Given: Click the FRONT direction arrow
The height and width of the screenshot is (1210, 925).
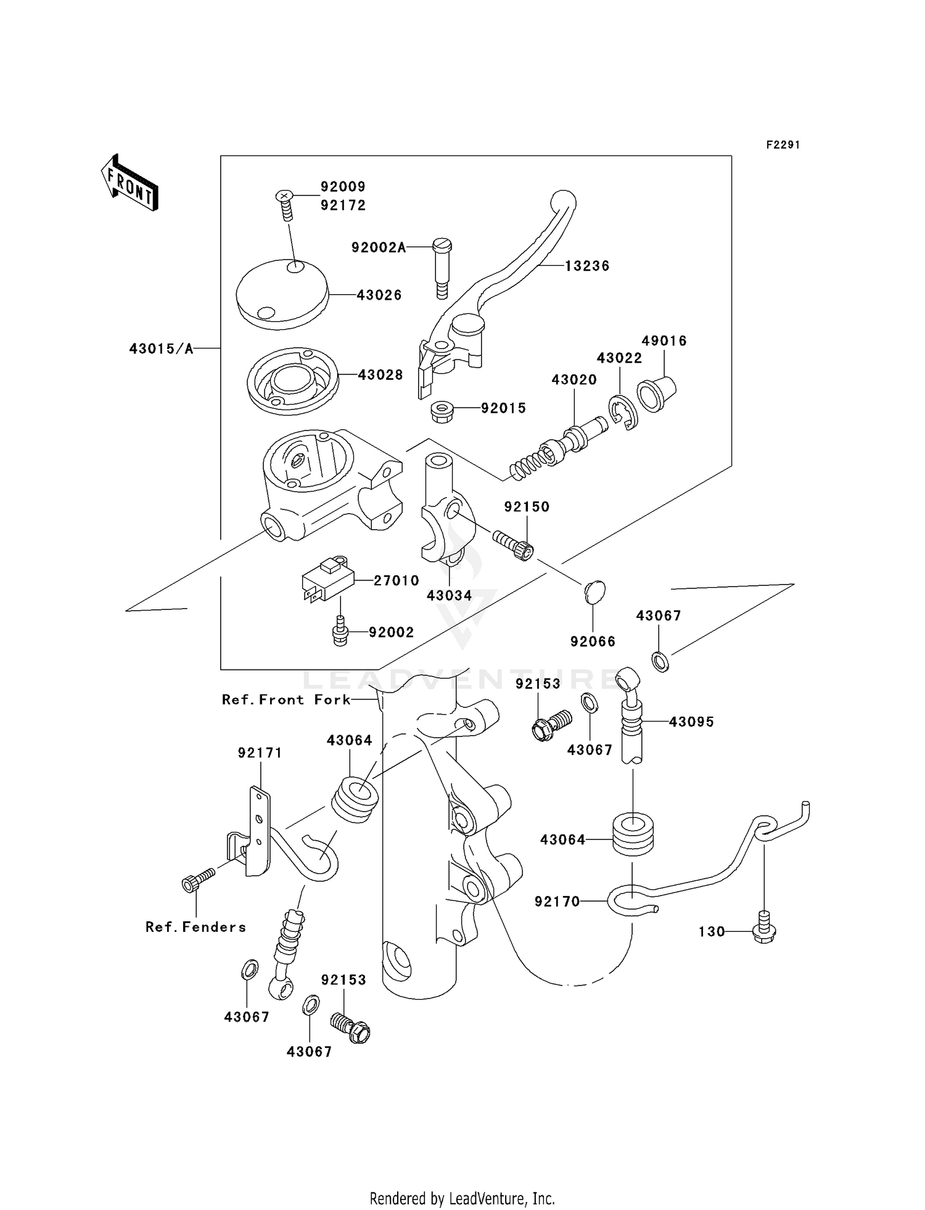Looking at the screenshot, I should (x=129, y=183).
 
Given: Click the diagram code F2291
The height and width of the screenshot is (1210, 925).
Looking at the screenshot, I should (x=783, y=145).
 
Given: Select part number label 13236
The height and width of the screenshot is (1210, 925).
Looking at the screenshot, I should (x=587, y=266).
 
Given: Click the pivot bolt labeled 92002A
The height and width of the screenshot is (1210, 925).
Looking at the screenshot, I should (x=442, y=267).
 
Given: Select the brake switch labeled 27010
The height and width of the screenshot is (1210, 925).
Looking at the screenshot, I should (x=328, y=579).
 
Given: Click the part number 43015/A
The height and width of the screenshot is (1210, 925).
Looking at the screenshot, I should (x=161, y=349).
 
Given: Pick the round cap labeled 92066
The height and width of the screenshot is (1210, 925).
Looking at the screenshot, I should (x=594, y=592).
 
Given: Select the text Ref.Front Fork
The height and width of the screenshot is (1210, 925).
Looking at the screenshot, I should (x=286, y=699).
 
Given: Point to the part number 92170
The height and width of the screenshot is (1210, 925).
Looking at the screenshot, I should (x=557, y=902).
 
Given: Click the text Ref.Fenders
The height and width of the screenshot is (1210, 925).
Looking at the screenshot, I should (x=195, y=927).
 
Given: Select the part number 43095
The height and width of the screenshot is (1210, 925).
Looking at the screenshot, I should (x=691, y=722).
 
